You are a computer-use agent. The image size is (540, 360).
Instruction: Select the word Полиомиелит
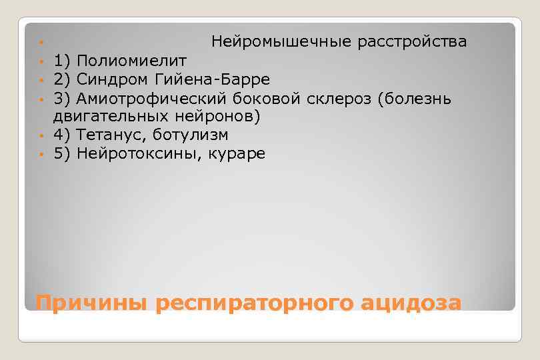[x=131, y=61]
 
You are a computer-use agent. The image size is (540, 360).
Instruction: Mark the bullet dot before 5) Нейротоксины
[x=41, y=155]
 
